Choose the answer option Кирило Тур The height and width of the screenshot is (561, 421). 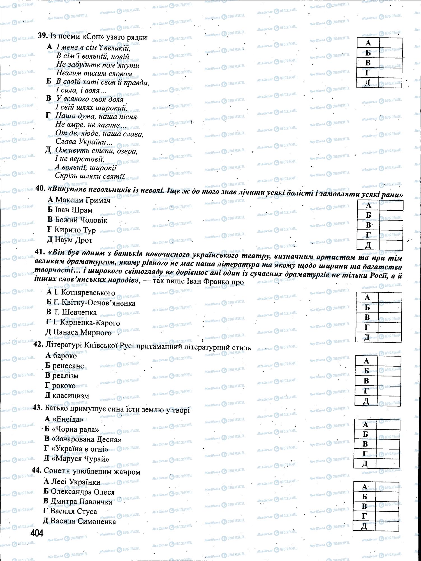(71, 230)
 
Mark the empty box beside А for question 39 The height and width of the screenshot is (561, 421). (390, 43)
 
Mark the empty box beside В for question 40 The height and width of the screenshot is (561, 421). (391, 225)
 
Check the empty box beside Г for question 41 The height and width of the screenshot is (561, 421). (390, 327)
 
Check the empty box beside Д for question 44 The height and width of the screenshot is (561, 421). (387, 526)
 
